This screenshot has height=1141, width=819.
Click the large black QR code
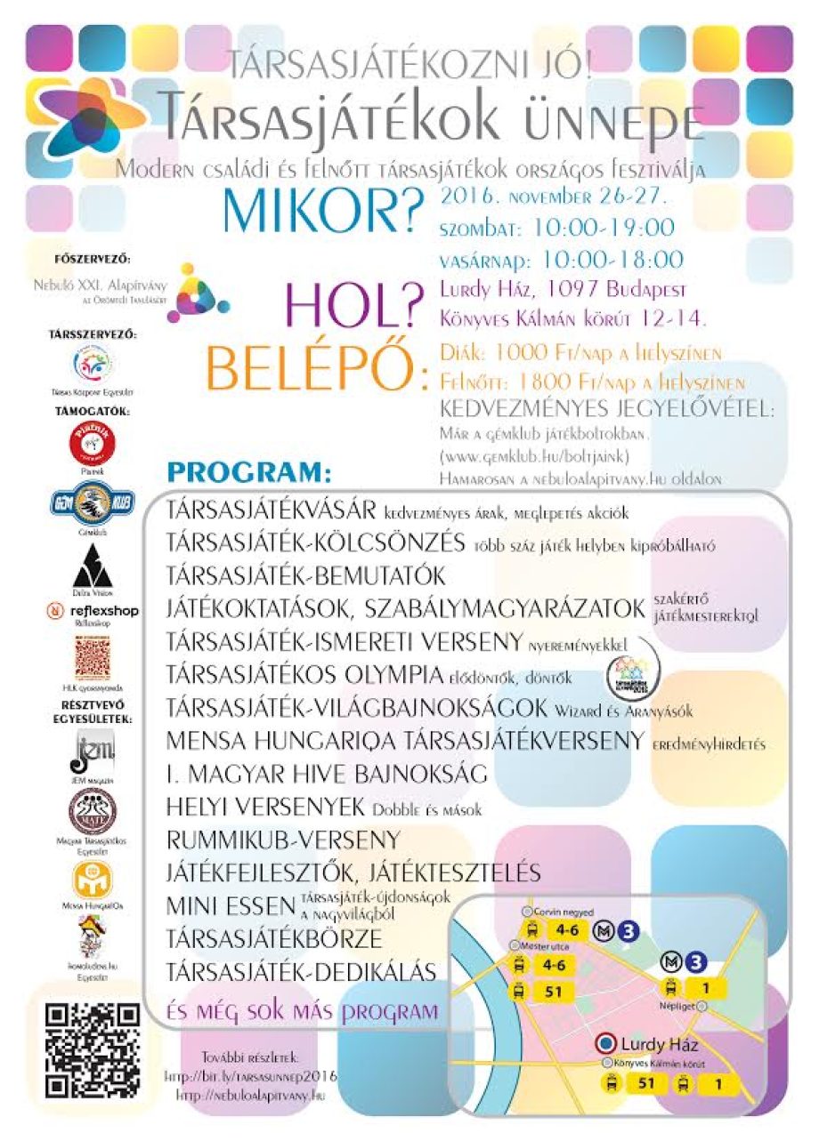point(93,1050)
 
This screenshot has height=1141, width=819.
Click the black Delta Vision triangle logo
point(93,565)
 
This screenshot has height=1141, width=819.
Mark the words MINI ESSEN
point(231,906)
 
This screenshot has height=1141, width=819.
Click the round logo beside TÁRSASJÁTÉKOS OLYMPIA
point(628,676)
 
